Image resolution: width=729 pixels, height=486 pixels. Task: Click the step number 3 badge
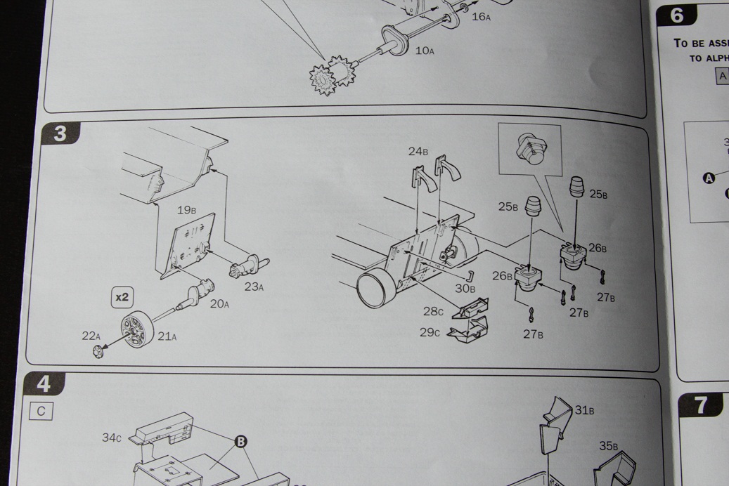pos(60,133)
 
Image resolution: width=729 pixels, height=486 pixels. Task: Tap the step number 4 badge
pos(44,383)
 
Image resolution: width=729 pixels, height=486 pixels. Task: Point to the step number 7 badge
pos(700,405)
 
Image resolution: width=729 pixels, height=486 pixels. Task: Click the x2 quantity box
pos(122,297)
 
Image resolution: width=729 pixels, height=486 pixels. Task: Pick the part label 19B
pos(186,210)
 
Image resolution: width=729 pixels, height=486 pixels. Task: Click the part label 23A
pos(254,287)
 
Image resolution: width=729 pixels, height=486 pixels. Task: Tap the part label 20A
pos(219,304)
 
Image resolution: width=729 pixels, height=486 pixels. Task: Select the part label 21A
pos(167,336)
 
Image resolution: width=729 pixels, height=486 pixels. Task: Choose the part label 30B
pos(465,288)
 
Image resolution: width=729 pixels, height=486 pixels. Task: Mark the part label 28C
pos(433,311)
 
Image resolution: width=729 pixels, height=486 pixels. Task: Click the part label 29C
pos(430,332)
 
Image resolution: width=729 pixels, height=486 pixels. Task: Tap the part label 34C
pos(112,438)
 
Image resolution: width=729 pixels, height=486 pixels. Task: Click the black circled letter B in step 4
pos(240,441)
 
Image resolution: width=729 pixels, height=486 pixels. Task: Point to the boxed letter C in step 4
pos(41,412)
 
